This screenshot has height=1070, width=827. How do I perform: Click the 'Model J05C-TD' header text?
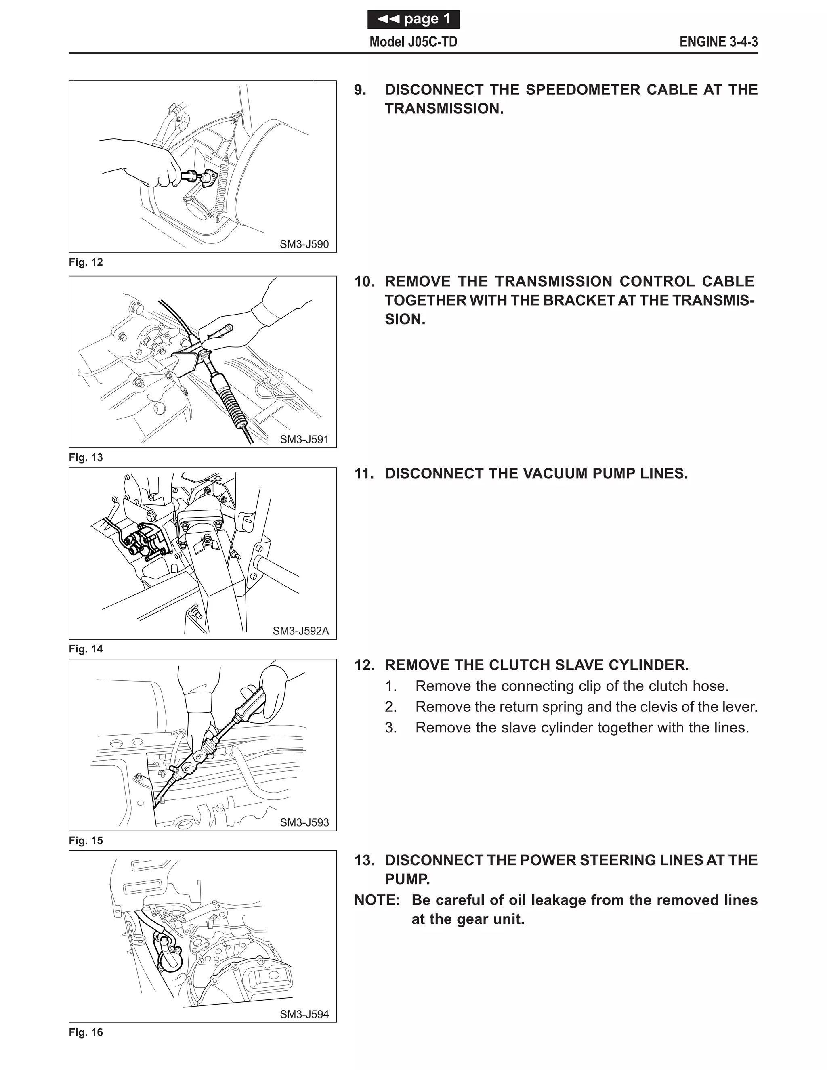pyautogui.click(x=413, y=42)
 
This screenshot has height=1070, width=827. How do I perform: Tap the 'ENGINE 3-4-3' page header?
pyautogui.click(x=718, y=42)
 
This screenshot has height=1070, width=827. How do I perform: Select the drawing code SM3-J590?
pyautogui.click(x=304, y=244)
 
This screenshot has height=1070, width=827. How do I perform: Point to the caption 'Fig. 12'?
pyautogui.click(x=86, y=262)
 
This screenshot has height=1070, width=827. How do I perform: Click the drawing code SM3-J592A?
pyautogui.click(x=301, y=631)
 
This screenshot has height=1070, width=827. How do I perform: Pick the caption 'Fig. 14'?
pyautogui.click(x=86, y=649)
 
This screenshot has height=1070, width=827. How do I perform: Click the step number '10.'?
pyautogui.click(x=365, y=282)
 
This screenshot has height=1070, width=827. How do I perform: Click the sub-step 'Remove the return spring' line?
pyautogui.click(x=586, y=707)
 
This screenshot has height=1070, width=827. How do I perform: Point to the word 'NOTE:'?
pyautogui.click(x=377, y=900)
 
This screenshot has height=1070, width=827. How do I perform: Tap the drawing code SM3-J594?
pyautogui.click(x=304, y=1014)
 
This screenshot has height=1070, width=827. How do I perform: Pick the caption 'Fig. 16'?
pyautogui.click(x=86, y=1033)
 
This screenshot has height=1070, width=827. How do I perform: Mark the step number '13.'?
pyautogui.click(x=365, y=861)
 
